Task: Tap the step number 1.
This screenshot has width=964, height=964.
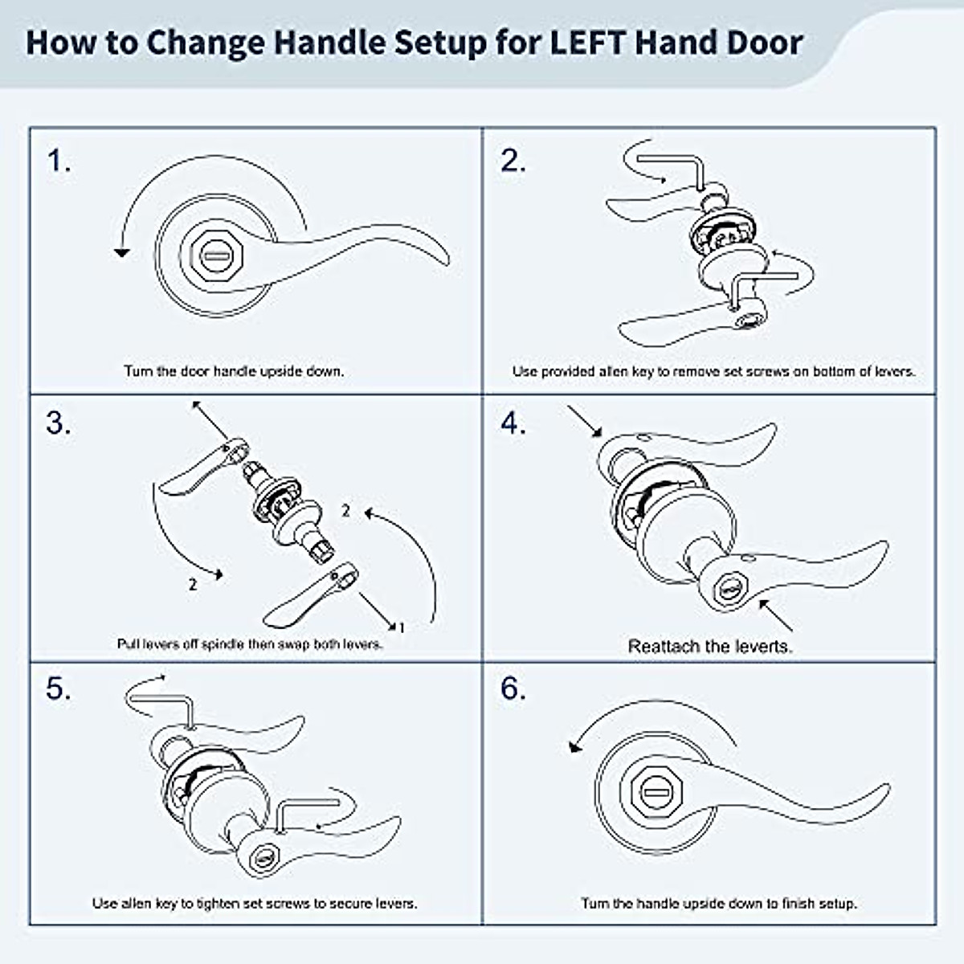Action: click(59, 161)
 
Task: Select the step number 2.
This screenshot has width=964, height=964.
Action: click(513, 161)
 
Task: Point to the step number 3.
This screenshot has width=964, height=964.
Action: click(59, 423)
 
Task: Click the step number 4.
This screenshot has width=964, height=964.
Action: click(513, 423)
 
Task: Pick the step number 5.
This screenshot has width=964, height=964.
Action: click(59, 689)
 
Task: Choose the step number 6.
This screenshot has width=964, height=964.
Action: click(513, 689)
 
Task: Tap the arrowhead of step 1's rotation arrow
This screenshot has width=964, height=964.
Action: click(122, 252)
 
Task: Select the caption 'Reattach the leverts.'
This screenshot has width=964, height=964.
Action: click(709, 647)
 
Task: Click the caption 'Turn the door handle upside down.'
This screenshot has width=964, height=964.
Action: click(234, 371)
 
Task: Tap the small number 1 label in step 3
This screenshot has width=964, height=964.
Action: click(402, 627)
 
